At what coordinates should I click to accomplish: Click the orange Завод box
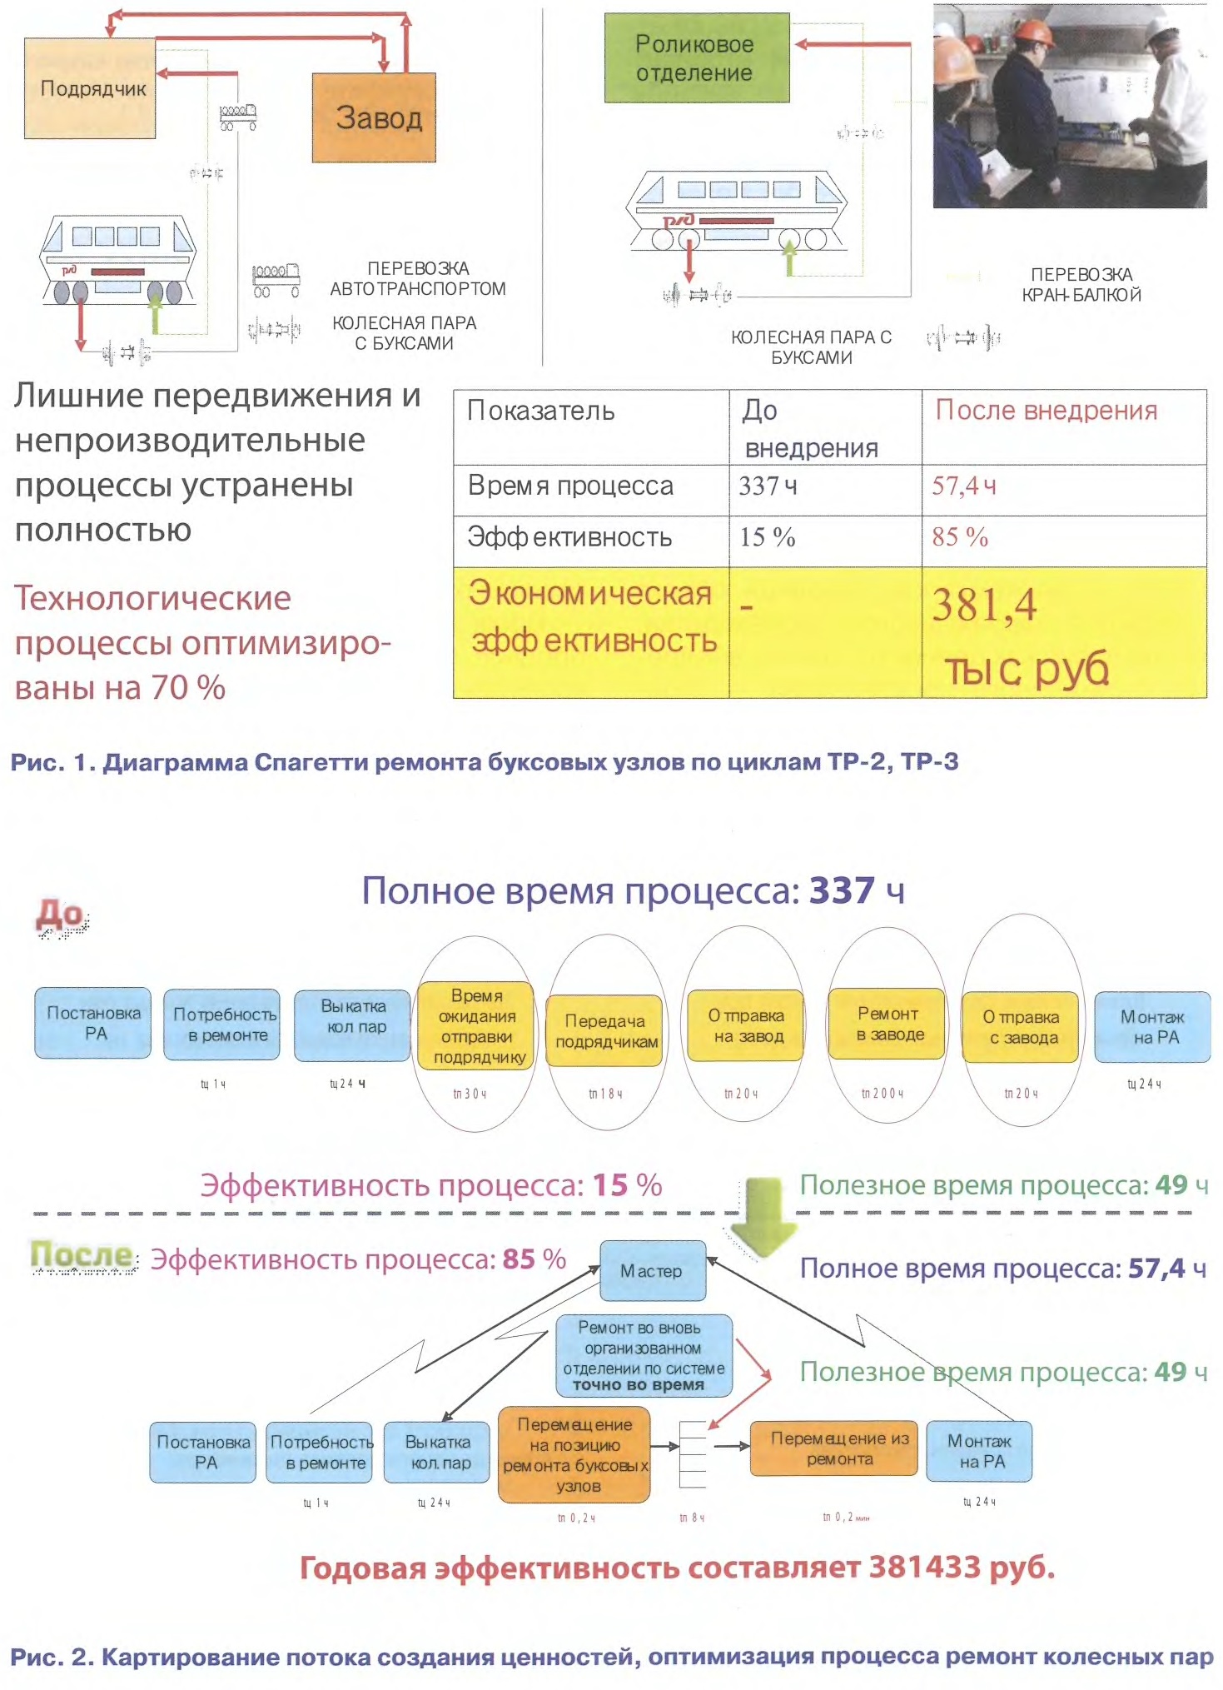(374, 117)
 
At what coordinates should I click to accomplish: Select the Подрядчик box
(90, 88)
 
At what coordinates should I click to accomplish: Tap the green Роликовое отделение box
(696, 58)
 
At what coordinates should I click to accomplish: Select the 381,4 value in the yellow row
(984, 606)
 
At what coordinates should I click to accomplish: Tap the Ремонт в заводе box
(887, 1024)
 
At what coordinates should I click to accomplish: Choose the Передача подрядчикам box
(605, 1031)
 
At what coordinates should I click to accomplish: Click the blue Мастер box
(652, 1271)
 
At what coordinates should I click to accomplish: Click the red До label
(60, 915)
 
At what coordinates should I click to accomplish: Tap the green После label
(81, 1254)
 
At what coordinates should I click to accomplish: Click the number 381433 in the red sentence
(924, 1568)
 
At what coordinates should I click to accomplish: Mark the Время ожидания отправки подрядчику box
(477, 1026)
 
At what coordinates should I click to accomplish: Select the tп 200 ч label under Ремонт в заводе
(882, 1094)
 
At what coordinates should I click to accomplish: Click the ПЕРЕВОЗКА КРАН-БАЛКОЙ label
(1081, 285)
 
